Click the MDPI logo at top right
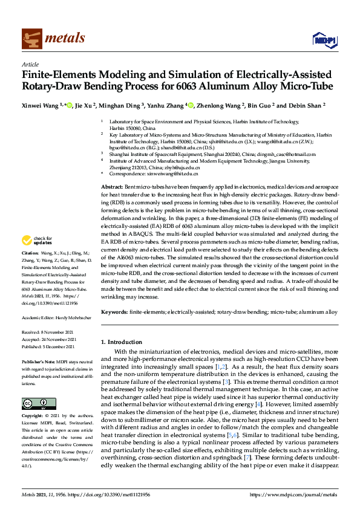tap(321, 39)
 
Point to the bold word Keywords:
tap(114, 312)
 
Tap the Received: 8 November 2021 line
tap(48, 332)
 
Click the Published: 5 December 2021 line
tap(48, 347)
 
